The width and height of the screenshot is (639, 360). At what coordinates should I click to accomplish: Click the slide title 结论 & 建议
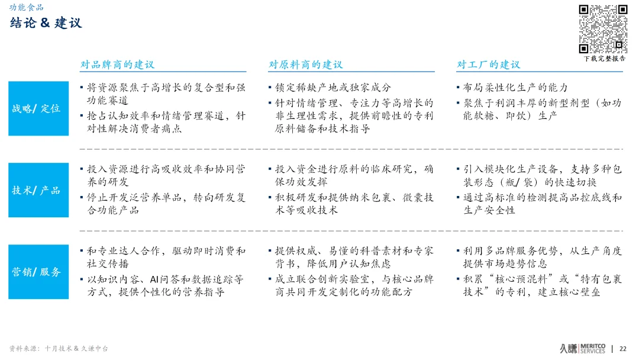tap(46, 23)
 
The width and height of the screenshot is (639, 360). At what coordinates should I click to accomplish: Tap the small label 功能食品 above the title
tap(26, 8)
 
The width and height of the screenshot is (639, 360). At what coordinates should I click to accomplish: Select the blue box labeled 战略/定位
tap(37, 108)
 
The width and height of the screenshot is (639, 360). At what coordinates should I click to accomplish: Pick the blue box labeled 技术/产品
tap(37, 190)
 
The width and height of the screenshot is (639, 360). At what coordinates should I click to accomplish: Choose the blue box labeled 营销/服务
tap(37, 272)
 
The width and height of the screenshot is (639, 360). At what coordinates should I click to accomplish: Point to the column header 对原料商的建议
tap(305, 64)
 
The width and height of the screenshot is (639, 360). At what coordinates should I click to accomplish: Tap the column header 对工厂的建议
tap(489, 64)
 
